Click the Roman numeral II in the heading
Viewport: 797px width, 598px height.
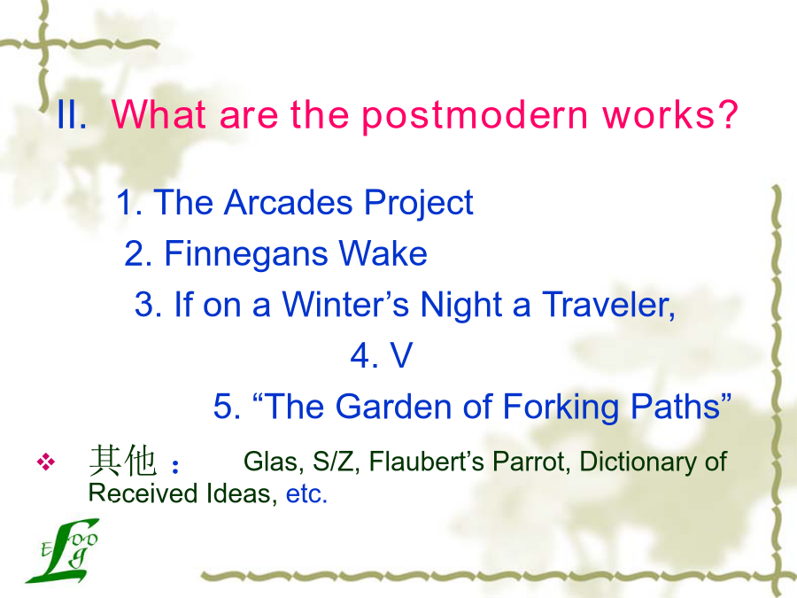pyautogui.click(x=71, y=114)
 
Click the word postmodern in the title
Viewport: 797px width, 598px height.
pyautogui.click(x=475, y=116)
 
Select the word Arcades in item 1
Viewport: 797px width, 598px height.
pyautogui.click(x=288, y=202)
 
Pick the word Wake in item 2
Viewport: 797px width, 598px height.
pyautogui.click(x=383, y=253)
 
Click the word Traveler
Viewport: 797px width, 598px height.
pyautogui.click(x=608, y=305)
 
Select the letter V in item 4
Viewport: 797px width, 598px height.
pyautogui.click(x=401, y=355)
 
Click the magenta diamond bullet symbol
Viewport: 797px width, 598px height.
pyautogui.click(x=46, y=462)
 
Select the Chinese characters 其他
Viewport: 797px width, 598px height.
pyautogui.click(x=122, y=461)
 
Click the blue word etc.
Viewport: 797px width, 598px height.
pyautogui.click(x=306, y=493)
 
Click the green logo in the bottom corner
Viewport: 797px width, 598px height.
pyautogui.click(x=63, y=551)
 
